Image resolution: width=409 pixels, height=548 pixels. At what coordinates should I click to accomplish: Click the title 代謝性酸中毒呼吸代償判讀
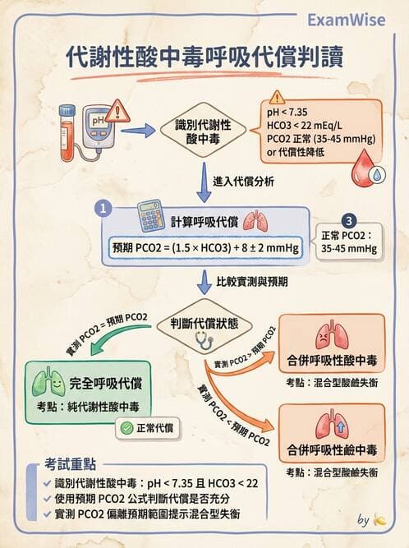coord(204,59)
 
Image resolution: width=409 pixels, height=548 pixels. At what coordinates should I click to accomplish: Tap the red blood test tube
coord(68,131)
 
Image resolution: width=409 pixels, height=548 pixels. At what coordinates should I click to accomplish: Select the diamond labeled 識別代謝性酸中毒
coord(203,131)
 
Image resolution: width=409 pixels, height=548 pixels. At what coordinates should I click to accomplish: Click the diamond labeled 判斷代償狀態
coord(204,324)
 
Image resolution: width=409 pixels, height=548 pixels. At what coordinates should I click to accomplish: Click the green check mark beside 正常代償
coord(126,427)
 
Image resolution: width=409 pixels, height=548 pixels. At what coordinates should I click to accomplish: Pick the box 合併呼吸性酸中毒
coord(331,345)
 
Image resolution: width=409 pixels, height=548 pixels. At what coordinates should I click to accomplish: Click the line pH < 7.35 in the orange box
coord(287,112)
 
